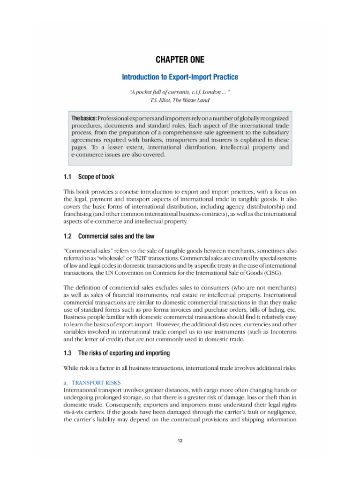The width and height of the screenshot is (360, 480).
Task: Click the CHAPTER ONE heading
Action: [x=180, y=60]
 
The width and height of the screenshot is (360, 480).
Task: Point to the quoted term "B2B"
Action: [x=153, y=258]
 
